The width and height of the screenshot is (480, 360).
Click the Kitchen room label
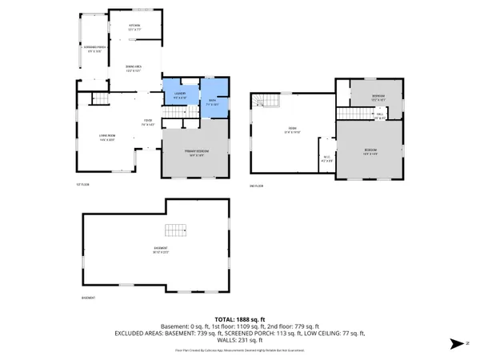pos(134,28)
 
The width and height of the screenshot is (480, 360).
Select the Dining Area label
pos(134,67)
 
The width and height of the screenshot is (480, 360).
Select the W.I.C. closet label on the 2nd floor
pos(326,157)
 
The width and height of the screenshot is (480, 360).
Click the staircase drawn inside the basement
pos(175,232)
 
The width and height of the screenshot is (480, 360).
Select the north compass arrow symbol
pos(457,343)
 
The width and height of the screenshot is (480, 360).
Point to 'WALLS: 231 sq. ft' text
pos(238,342)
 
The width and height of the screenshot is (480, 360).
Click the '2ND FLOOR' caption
pos(256,184)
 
